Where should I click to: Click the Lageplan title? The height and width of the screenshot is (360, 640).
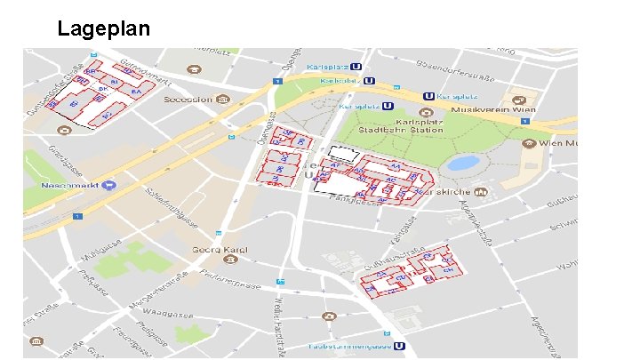[x=103, y=28]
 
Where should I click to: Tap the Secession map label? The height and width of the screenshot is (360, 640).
[x=187, y=99]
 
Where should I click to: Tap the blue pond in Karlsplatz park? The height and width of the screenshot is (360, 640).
[x=461, y=164]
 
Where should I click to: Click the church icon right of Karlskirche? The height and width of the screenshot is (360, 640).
[x=480, y=191]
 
